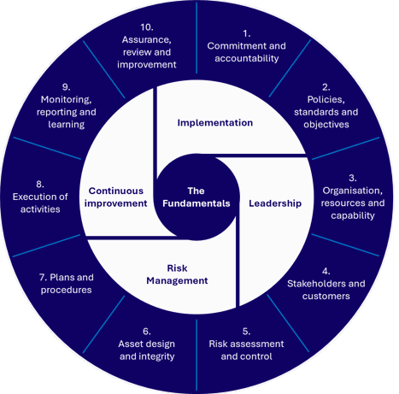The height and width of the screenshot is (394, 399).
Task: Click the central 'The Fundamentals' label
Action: (x=197, y=197)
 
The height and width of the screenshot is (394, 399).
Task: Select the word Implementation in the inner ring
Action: (x=215, y=123)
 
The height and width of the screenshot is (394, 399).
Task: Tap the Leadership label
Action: (x=275, y=203)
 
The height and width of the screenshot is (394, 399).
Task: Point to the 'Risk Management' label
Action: (x=177, y=274)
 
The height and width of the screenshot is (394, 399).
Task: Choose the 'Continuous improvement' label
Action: (x=115, y=197)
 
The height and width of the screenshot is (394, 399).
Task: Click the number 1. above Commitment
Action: (x=247, y=34)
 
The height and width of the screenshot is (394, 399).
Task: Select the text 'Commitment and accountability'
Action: (x=247, y=52)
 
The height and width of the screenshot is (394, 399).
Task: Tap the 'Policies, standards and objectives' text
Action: (x=326, y=112)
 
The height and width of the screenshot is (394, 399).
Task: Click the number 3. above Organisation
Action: (x=353, y=178)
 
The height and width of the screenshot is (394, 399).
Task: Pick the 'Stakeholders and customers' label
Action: (x=326, y=290)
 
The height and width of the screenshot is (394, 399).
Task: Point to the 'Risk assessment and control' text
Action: (x=246, y=350)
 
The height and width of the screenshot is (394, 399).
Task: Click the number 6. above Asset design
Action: (x=147, y=332)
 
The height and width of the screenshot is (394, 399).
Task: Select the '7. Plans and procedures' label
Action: (x=67, y=284)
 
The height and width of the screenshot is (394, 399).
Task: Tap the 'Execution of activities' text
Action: (x=40, y=203)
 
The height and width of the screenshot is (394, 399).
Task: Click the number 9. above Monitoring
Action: (x=66, y=87)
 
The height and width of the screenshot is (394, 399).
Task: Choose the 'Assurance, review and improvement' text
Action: (x=147, y=52)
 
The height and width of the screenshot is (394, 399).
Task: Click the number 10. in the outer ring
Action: (x=147, y=27)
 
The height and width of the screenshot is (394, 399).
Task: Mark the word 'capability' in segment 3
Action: (x=353, y=215)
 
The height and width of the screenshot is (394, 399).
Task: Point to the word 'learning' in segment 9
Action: (x=67, y=125)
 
